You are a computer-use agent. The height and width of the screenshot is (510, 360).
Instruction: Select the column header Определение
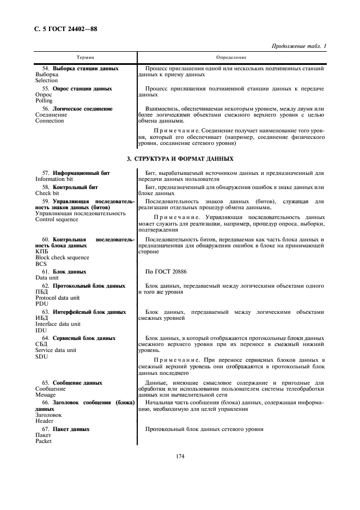pos(231,57)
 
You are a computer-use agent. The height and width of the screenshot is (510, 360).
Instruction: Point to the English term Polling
pos(44,101)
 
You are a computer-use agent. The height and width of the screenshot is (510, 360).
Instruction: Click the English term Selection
pos(46,81)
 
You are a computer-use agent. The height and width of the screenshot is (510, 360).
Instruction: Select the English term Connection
pos(50,121)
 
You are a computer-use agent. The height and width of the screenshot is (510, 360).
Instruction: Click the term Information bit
pos(54,179)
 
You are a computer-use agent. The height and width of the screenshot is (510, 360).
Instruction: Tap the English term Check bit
pos(47,193)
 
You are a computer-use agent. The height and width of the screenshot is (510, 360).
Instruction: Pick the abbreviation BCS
pos(41,264)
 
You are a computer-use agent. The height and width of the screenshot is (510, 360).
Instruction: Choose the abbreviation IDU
pos(41,330)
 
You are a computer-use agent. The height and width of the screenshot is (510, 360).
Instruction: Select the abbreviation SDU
pos(41,356)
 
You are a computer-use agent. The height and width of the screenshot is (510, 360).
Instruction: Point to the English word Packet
pos(44,442)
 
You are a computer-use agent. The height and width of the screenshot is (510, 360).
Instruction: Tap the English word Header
pos(44,421)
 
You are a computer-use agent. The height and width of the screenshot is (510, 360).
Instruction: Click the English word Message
pos(46,395)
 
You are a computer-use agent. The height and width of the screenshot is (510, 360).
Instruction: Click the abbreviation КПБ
pos(41,251)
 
